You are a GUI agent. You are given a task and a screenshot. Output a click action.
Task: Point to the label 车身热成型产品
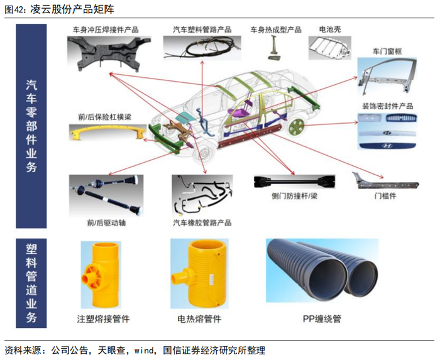[276, 30]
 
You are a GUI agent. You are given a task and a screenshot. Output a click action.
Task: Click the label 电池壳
[329, 30]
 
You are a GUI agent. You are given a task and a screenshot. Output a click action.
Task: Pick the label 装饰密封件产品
[387, 106]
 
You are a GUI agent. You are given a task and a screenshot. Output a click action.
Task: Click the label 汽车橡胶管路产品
[202, 223]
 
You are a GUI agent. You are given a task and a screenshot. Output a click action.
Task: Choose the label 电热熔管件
[200, 319]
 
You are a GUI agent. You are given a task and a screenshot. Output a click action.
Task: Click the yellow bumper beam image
[104, 133]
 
